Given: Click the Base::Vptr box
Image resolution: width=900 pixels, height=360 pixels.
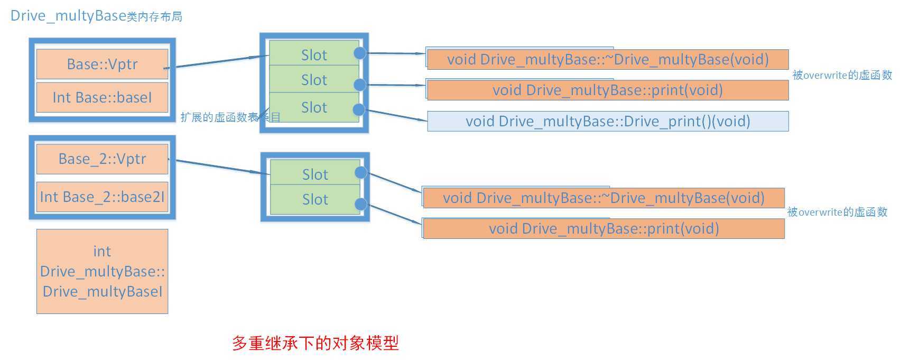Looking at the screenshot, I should (102, 64).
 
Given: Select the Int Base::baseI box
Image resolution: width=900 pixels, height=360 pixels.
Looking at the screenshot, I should (102, 97).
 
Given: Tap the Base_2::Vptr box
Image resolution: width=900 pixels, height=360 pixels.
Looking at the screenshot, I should (102, 159).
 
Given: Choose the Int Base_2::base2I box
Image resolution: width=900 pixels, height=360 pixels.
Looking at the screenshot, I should (102, 197).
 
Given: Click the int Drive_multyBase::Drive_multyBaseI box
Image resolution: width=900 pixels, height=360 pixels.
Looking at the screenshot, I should (102, 271).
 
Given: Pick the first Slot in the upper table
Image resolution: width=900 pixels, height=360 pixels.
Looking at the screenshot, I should (314, 54).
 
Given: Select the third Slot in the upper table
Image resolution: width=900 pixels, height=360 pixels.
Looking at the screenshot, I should (314, 107).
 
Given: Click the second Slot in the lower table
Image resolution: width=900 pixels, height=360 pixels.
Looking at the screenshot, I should (315, 199).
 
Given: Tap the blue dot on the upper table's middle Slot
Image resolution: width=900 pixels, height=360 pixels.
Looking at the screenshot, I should (360, 85).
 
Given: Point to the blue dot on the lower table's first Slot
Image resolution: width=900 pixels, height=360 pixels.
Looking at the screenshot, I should (361, 172).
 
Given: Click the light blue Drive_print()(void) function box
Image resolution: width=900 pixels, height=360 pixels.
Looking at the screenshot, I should (608, 121).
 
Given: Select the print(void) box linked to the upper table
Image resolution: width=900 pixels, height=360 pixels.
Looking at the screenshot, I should (608, 90).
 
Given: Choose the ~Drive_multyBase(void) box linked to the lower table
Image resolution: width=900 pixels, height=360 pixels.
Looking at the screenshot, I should (604, 198).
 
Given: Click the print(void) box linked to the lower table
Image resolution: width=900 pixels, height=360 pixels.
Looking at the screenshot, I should (604, 228).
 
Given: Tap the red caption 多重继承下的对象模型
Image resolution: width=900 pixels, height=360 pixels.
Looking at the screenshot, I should (315, 343).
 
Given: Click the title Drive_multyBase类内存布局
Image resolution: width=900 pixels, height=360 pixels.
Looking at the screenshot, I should (96, 16).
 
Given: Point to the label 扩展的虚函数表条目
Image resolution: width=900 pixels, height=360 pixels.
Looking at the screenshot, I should (230, 117).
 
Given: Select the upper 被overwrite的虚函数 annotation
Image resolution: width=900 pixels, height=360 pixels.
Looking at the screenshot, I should (842, 75).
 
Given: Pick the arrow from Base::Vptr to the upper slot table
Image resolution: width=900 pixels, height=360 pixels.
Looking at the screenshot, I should (217, 61).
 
